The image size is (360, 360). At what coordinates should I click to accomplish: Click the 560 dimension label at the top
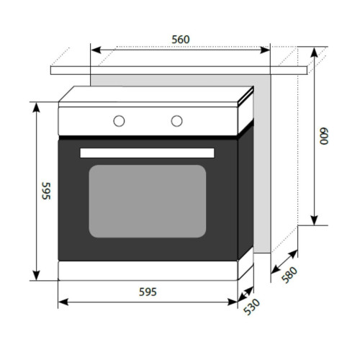click(x=181, y=40)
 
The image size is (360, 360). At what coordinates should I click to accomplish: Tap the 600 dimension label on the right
click(x=323, y=136)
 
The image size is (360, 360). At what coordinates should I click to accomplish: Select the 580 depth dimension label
click(x=289, y=275)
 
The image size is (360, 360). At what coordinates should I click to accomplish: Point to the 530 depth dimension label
click(x=251, y=307)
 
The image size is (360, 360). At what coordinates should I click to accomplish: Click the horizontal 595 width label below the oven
click(x=148, y=292)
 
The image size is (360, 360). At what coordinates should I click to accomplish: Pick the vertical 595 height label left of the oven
click(x=46, y=191)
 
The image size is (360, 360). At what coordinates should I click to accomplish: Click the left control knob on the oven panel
click(x=119, y=121)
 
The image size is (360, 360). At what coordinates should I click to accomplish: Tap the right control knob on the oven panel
click(x=176, y=121)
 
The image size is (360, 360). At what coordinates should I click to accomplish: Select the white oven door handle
click(x=147, y=153)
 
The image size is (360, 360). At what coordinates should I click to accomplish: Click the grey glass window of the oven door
click(x=148, y=201)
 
